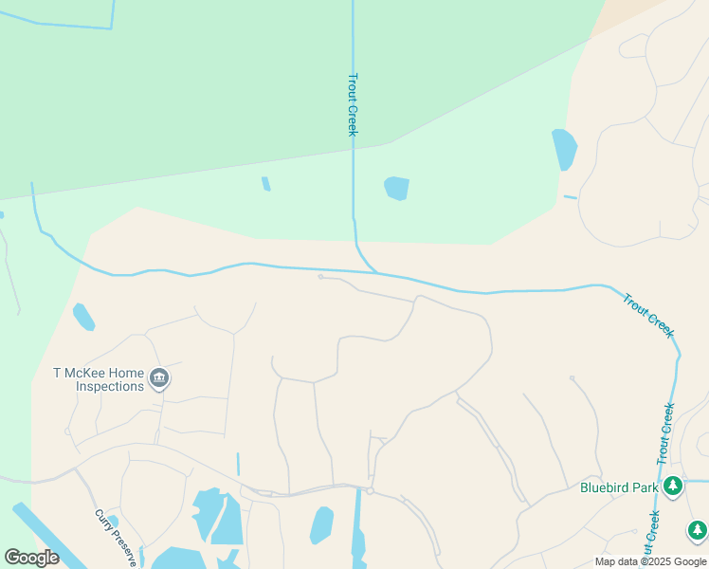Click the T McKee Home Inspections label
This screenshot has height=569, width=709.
pos(99,379)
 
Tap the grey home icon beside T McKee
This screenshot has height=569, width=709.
pos(159,379)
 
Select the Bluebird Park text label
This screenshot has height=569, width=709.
pos(619,488)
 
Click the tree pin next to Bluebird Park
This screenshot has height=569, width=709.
pos(673,486)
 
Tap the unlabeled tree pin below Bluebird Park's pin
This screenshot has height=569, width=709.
pos(698,529)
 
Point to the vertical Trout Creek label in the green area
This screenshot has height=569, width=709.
pos(353,104)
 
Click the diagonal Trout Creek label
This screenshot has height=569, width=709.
pos(648,315)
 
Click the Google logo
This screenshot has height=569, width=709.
pos(31,558)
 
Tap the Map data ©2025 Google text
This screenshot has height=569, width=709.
pos(651,561)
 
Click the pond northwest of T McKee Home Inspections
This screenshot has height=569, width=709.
pos(83,316)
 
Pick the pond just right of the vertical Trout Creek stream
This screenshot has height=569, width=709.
pos(397,188)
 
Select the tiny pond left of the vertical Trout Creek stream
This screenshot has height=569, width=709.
pos(266,183)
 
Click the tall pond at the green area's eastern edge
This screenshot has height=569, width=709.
pos(564,149)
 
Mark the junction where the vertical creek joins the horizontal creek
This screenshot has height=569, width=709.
pos(375,272)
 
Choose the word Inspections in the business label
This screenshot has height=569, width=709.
pos(110,386)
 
